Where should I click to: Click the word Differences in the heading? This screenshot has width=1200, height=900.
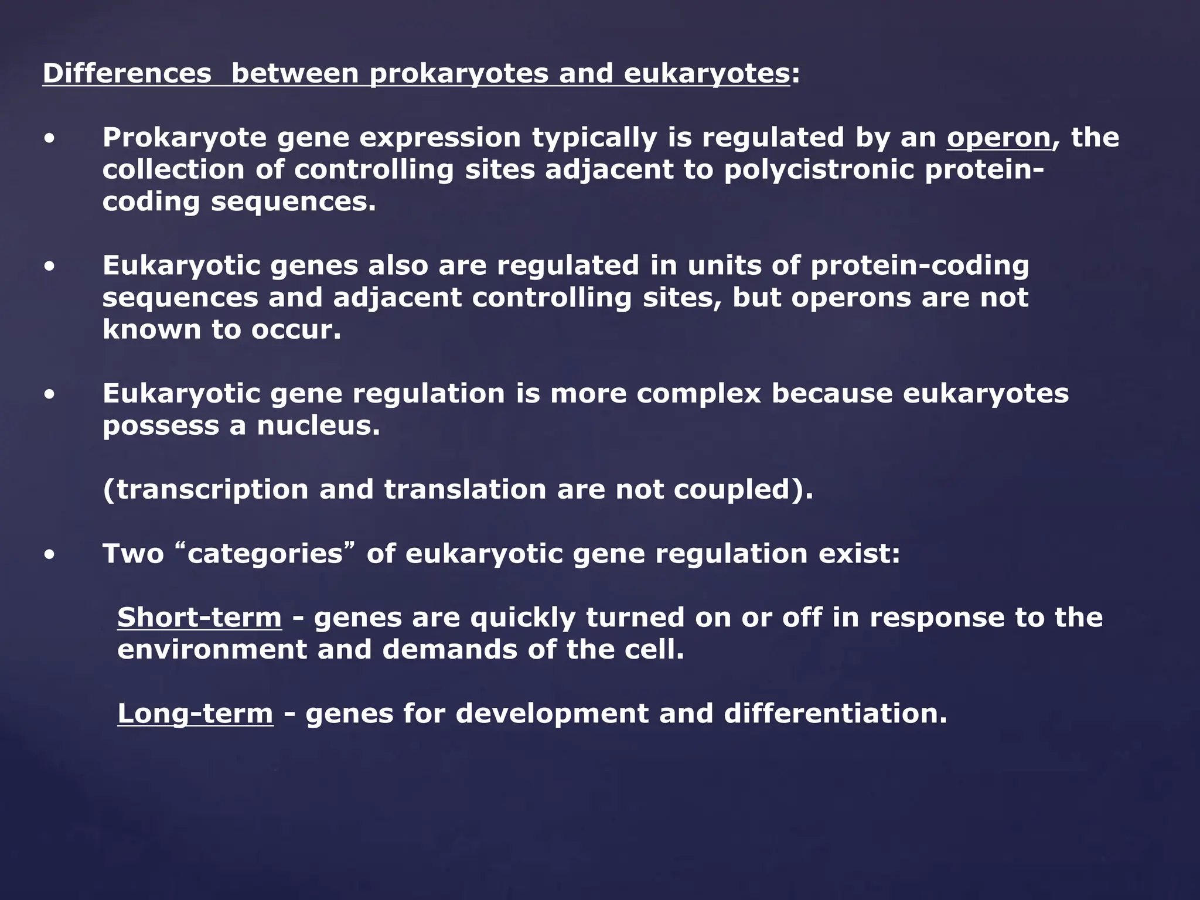point(127,74)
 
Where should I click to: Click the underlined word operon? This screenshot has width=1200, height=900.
point(999,138)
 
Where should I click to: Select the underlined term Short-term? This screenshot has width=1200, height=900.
point(199,618)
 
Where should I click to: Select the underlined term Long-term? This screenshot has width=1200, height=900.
point(195,714)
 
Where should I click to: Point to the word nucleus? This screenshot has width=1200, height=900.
point(318,425)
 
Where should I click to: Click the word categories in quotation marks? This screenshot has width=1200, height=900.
point(265,554)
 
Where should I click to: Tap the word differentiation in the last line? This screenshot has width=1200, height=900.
point(835,714)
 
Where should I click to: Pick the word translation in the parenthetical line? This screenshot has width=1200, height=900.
point(465,490)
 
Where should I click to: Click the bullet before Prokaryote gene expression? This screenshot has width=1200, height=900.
point(50,139)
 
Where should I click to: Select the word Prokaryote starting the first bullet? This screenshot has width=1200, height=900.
point(185,138)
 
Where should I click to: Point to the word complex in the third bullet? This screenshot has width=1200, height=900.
point(698,394)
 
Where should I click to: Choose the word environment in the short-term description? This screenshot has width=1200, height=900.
point(212,650)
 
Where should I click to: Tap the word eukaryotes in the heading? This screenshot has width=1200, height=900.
point(707,74)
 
